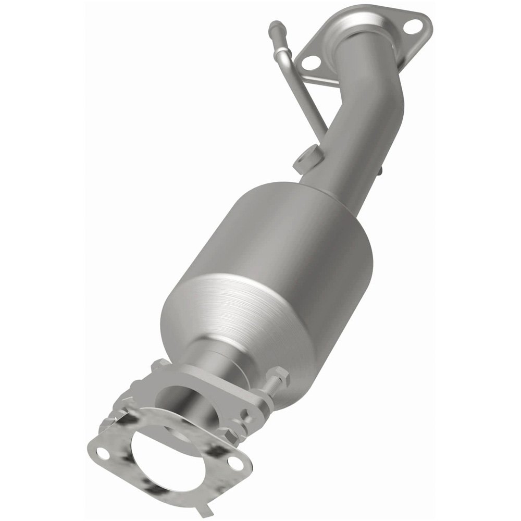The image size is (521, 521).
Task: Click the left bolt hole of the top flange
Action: click(311, 63)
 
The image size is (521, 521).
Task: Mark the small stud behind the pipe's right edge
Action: click(381, 170)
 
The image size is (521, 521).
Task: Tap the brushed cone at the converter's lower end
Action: click(234, 313)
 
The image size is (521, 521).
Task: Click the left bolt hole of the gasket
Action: click(103, 453)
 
